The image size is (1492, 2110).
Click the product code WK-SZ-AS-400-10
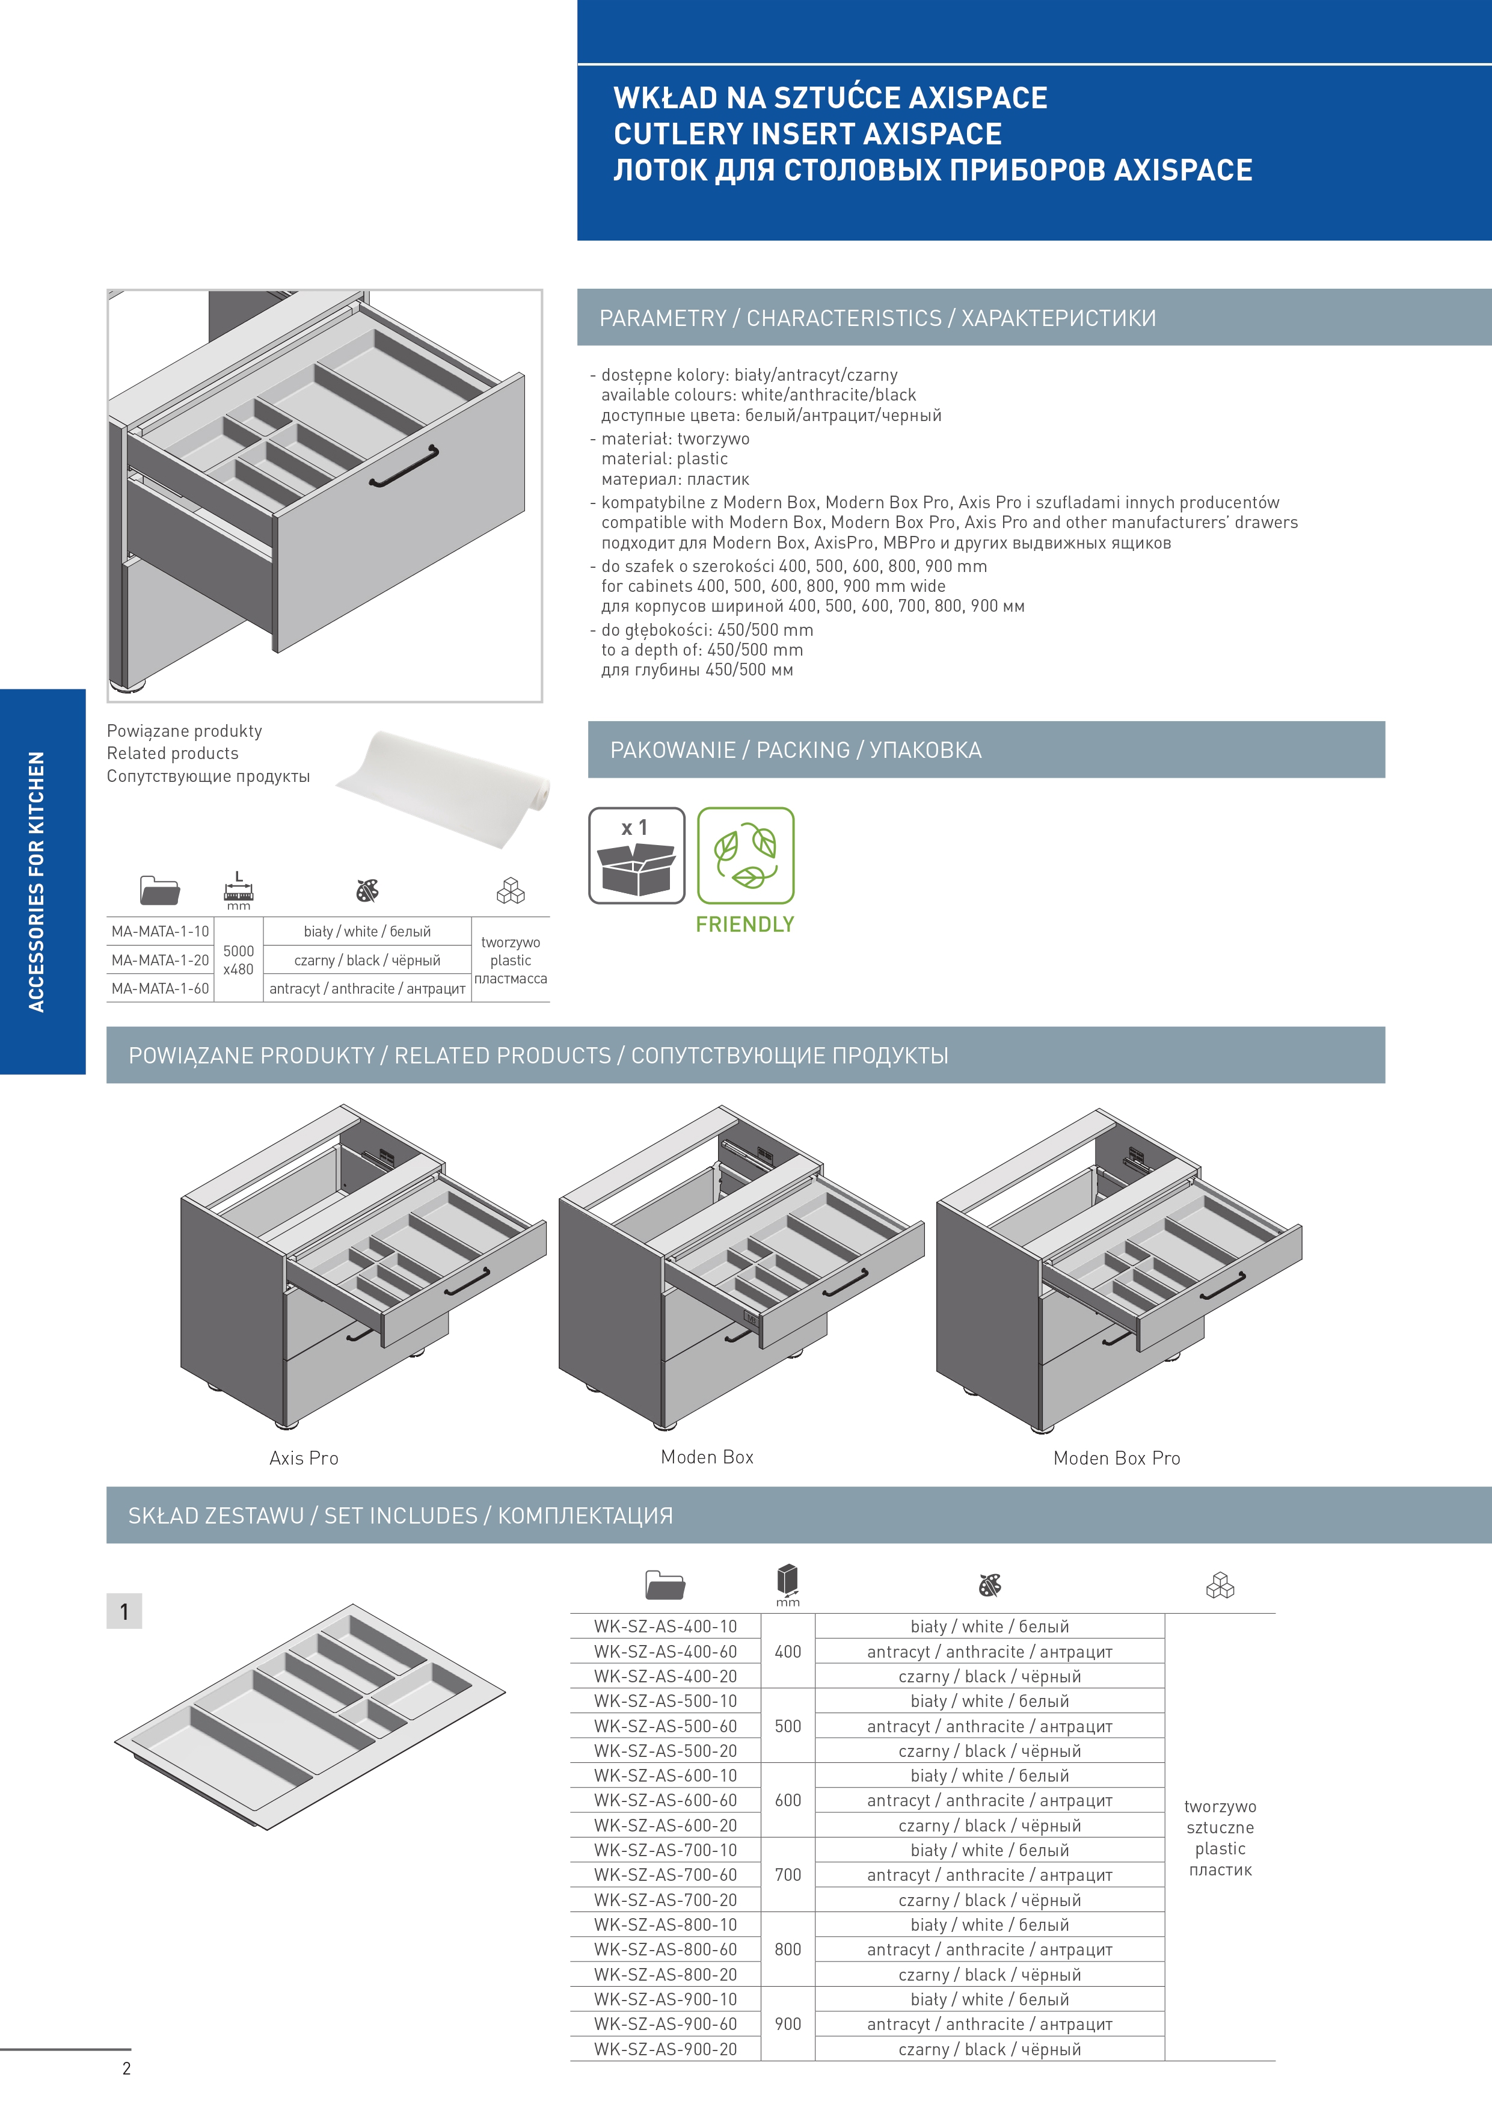click(x=665, y=1626)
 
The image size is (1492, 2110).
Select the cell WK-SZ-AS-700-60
click(x=665, y=1875)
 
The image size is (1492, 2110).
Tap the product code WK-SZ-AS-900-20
click(x=665, y=2049)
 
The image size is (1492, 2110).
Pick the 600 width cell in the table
click(x=787, y=1800)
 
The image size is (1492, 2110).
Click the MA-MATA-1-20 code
click(x=160, y=961)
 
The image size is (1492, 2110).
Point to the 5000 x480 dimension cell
click(x=238, y=961)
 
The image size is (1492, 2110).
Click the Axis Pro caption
click(x=304, y=1459)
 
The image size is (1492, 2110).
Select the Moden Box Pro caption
click(x=1116, y=1459)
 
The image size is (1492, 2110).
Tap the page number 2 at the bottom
click(x=127, y=2068)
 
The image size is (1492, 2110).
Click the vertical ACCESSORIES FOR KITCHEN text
click(x=37, y=882)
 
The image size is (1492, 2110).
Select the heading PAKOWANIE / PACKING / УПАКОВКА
click(x=796, y=750)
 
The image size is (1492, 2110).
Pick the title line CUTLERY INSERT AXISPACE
click(x=808, y=134)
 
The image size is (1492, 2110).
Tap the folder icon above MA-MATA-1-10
click(x=159, y=890)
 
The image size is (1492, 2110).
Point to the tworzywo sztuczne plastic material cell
click(x=1220, y=1838)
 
